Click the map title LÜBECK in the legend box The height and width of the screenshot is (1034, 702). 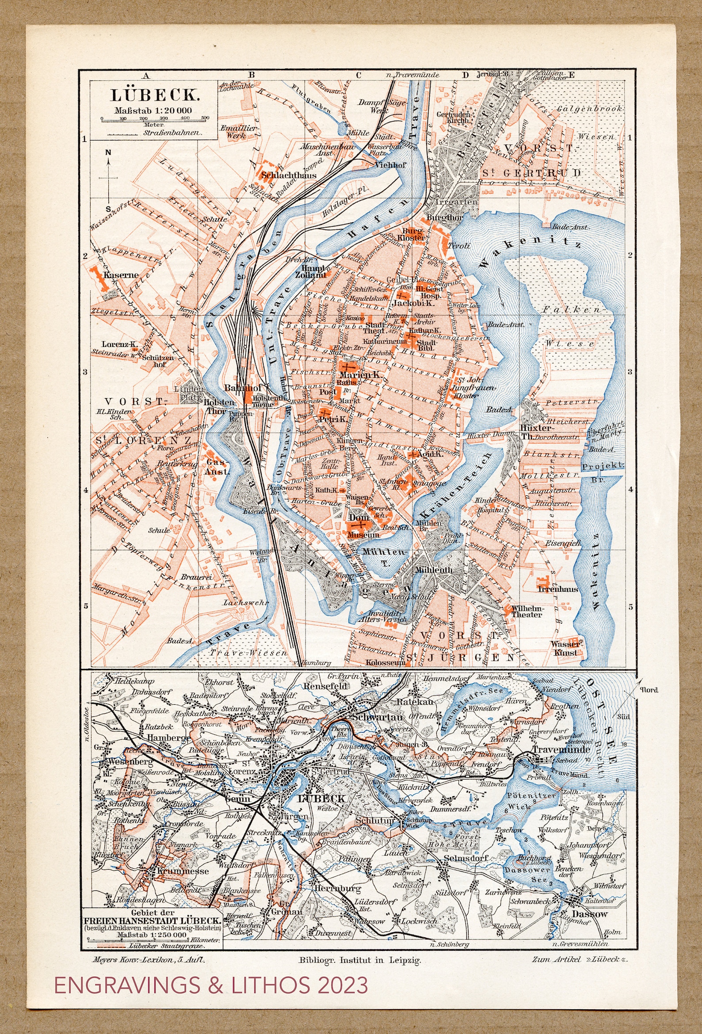pyautogui.click(x=154, y=95)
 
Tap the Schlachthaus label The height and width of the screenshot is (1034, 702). pyautogui.click(x=289, y=175)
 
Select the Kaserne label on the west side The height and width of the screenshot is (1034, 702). pyautogui.click(x=121, y=275)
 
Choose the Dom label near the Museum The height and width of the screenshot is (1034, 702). pyautogui.click(x=359, y=518)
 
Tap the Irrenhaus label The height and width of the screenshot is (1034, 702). pyautogui.click(x=558, y=589)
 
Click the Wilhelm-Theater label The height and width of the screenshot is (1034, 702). pyautogui.click(x=526, y=611)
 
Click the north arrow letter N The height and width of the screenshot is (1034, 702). pyautogui.click(x=108, y=152)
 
